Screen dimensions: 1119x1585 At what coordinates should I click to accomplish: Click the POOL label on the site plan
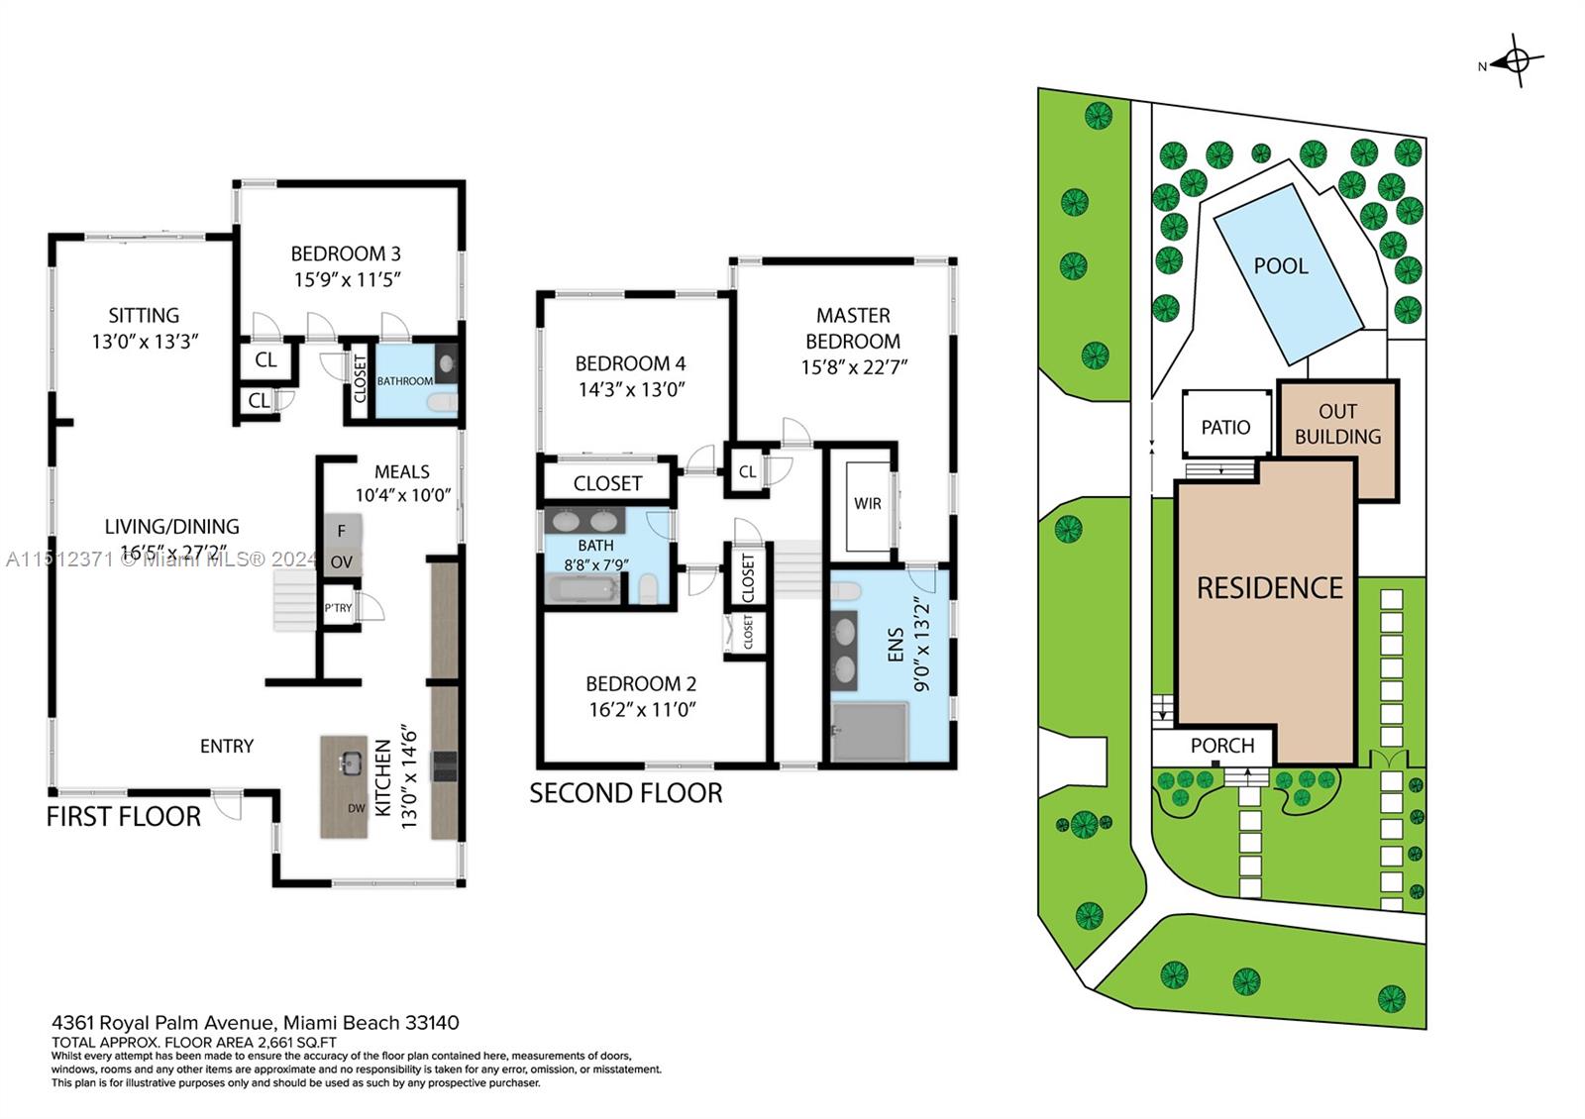1281,265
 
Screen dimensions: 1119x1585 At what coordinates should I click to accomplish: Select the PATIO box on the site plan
1225,426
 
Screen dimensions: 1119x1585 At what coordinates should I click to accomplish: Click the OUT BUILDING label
1337,424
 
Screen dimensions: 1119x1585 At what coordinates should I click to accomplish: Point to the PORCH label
1222,746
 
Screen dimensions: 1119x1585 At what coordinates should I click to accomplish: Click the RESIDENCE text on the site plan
1269,588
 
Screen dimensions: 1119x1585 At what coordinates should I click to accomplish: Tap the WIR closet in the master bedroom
868,503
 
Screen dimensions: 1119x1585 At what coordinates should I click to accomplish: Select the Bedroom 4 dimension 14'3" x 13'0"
631,389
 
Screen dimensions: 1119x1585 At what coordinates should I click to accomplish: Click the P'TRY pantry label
338,608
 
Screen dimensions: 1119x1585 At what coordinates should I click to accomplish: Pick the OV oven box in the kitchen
341,561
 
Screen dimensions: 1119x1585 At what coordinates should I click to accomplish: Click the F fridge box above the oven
341,531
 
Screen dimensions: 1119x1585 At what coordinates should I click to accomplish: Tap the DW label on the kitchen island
357,808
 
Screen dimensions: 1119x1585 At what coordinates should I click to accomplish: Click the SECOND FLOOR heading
625,793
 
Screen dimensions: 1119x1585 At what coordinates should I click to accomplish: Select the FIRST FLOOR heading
124,817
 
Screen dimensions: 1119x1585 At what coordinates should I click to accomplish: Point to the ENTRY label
227,746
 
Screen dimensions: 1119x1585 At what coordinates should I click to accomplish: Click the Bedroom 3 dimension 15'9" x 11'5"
346,279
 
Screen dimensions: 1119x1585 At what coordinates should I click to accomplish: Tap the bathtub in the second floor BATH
582,591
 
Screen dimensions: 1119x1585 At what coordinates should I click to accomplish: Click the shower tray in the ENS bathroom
870,732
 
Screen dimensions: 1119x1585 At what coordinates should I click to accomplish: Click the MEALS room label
401,471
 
